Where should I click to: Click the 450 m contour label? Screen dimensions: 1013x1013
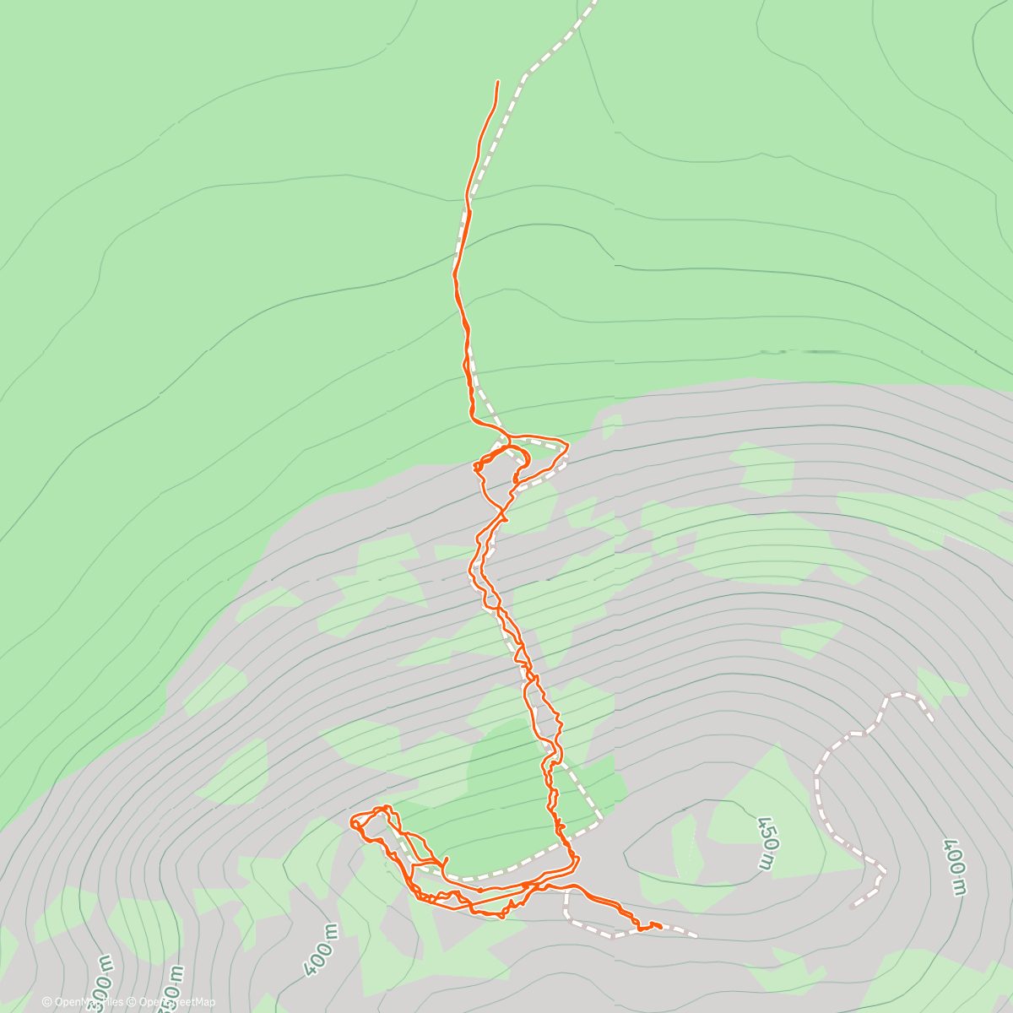765,843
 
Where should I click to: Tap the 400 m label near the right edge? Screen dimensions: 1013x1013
954,867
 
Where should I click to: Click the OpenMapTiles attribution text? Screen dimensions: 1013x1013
88,1002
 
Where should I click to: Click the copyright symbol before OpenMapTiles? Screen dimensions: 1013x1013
47,1002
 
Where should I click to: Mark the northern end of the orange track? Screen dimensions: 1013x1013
498,81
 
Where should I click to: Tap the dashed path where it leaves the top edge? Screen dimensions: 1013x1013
593,3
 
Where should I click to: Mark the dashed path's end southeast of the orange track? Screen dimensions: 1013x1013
696,935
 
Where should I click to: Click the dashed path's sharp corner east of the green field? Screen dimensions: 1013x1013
601,817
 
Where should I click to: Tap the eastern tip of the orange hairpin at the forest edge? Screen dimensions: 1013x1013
568,445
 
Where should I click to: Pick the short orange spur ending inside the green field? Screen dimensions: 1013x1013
445,859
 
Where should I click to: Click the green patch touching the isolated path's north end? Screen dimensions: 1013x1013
939,684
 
